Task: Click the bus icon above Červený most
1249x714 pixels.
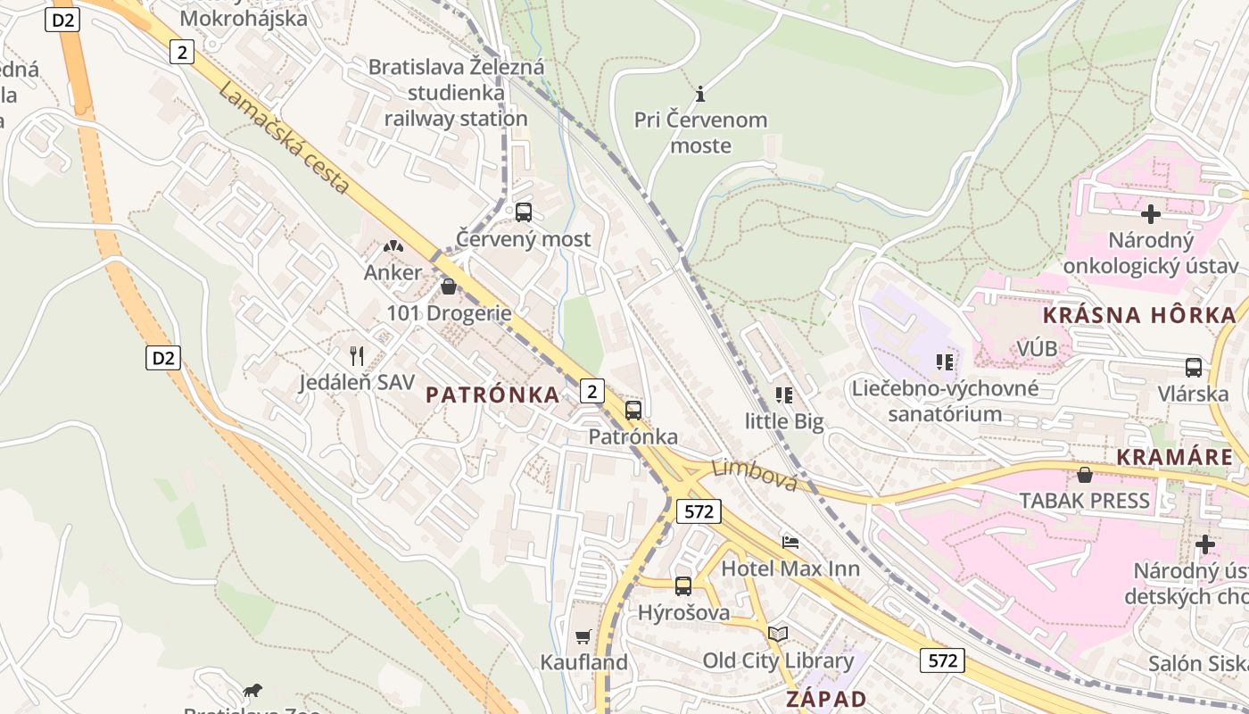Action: (x=524, y=212)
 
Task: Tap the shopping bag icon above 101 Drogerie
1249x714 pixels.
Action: (x=449, y=286)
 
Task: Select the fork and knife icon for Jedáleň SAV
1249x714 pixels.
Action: (x=357, y=356)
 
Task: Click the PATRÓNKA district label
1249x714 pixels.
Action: (x=493, y=394)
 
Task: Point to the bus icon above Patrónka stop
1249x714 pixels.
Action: (x=633, y=411)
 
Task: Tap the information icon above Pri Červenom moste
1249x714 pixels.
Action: (x=700, y=93)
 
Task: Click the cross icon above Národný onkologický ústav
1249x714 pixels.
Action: (x=1151, y=214)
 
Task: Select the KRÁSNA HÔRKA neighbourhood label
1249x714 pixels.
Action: (x=1139, y=314)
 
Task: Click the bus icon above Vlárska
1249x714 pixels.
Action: (x=1194, y=367)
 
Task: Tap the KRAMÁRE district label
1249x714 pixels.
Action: (x=1175, y=457)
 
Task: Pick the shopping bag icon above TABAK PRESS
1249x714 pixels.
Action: (x=1085, y=475)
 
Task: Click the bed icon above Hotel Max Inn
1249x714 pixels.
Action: (x=790, y=542)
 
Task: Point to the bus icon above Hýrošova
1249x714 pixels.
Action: (x=683, y=586)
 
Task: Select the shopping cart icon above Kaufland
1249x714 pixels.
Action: (x=583, y=636)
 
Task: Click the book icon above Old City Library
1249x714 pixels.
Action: (x=778, y=634)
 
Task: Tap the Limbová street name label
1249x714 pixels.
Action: (x=755, y=474)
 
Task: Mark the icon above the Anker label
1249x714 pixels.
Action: (x=393, y=245)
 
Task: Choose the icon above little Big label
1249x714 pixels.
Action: (x=784, y=394)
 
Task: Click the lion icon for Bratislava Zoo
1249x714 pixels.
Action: (x=253, y=690)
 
